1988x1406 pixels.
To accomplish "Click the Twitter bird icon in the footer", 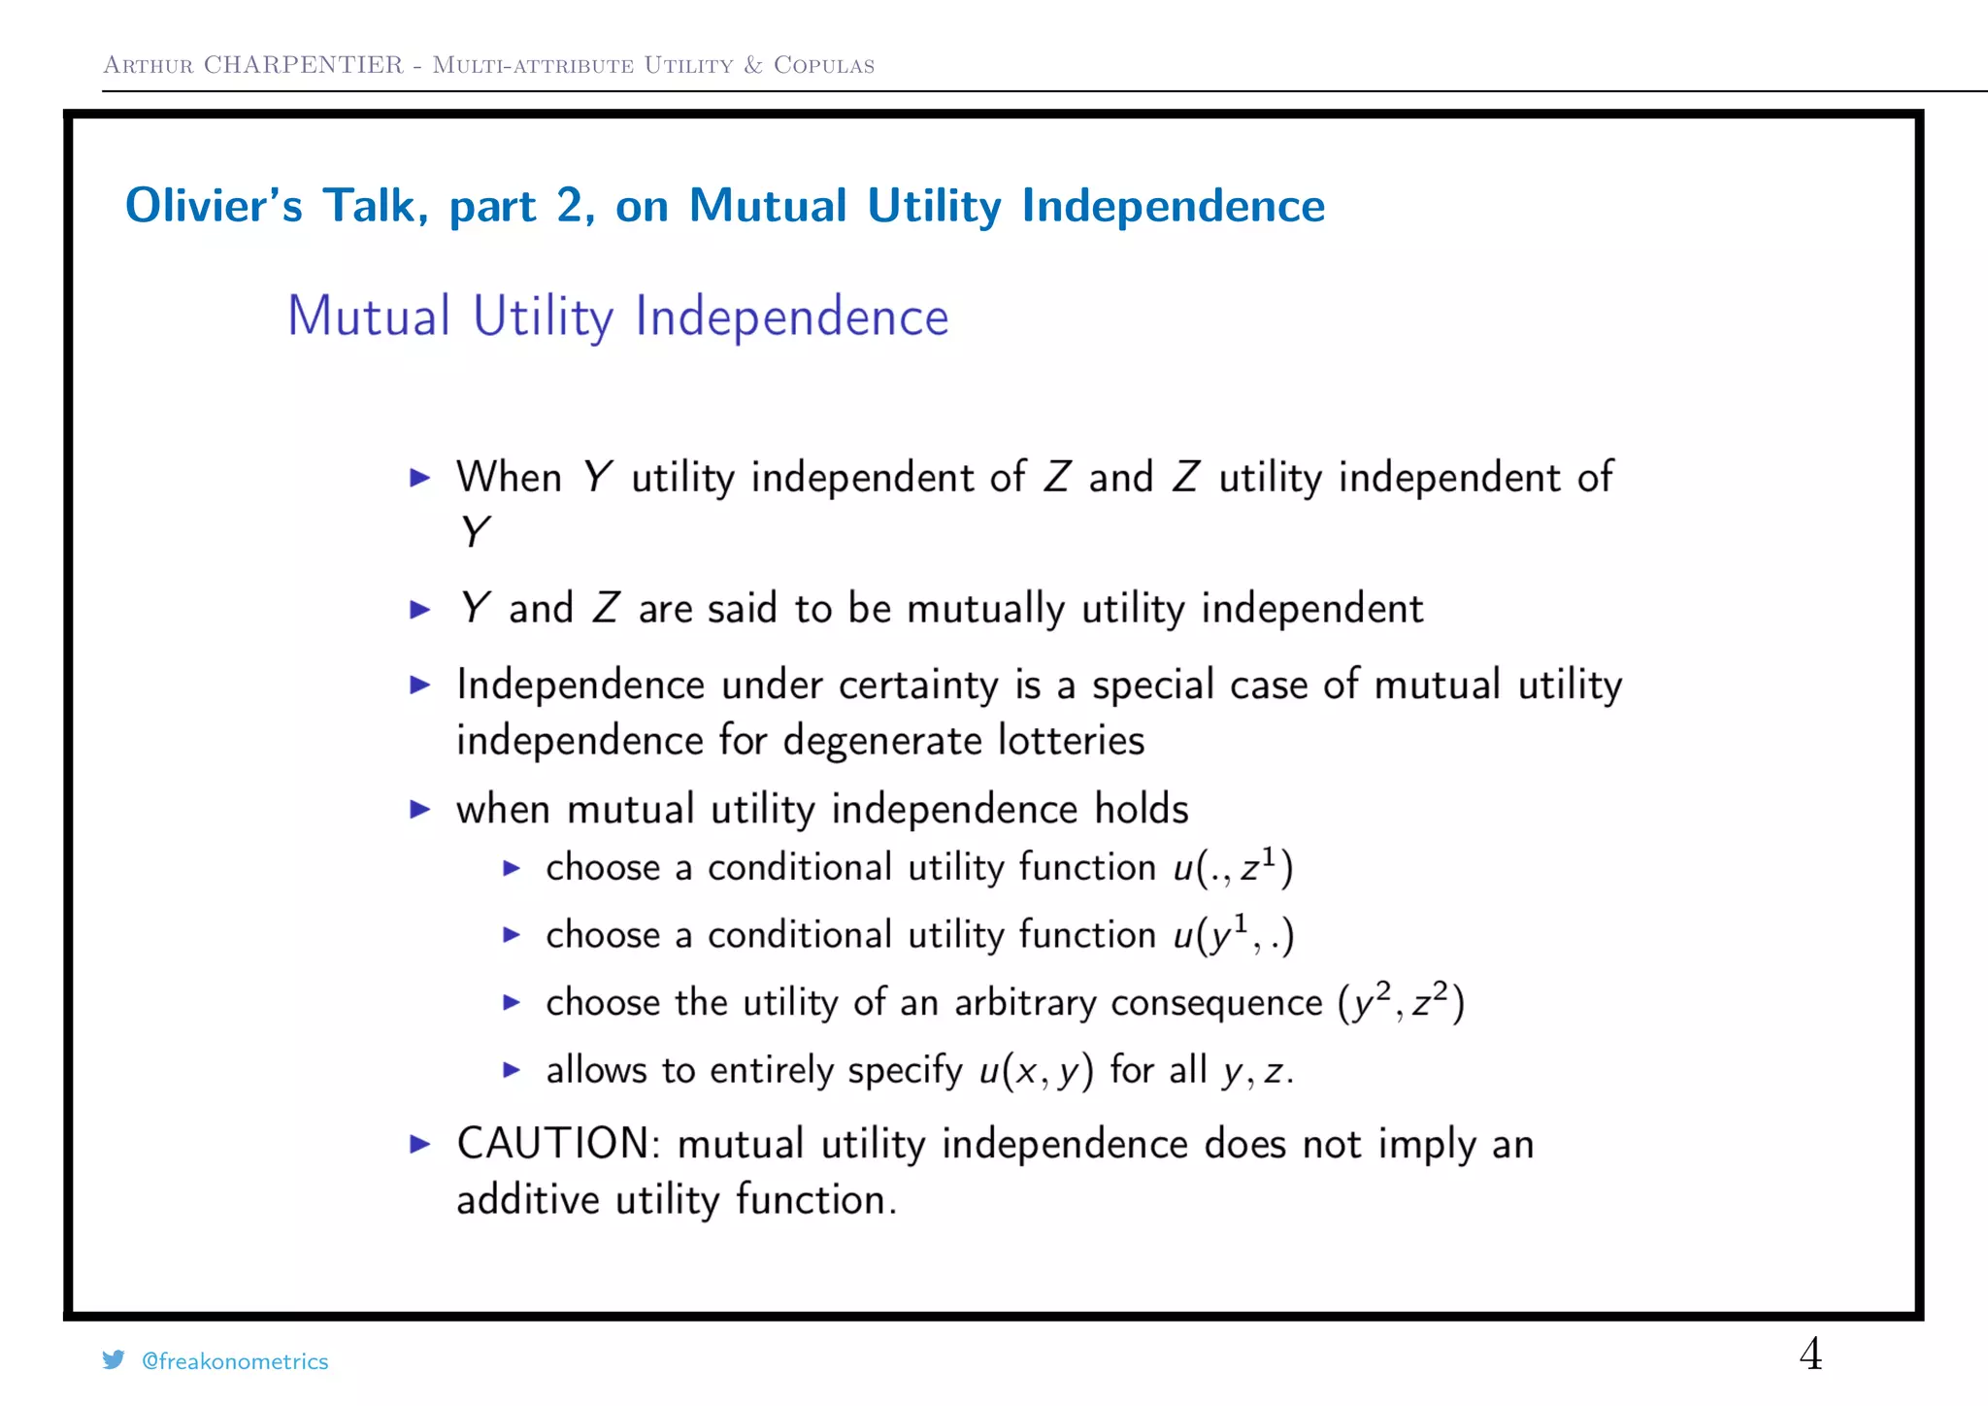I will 114,1360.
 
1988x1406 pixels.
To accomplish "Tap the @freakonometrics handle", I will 235,1361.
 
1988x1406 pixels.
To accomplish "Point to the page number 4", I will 1810,1354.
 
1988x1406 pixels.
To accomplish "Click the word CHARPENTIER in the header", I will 303,65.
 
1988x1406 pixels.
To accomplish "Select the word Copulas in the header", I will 824,65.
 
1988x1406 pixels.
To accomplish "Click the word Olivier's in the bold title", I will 214,206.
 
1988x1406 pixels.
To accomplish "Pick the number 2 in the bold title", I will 569,206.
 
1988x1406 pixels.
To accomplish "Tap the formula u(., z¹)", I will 1233,867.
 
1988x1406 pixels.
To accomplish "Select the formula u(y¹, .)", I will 1233,935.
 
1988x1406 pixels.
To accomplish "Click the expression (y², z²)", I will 1401,1002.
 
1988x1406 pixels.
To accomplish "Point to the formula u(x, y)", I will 1036,1071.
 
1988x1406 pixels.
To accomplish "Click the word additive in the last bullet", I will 527,1200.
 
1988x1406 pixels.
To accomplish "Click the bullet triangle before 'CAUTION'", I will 419,1144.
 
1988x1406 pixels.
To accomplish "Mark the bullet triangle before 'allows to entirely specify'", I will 512,1070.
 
